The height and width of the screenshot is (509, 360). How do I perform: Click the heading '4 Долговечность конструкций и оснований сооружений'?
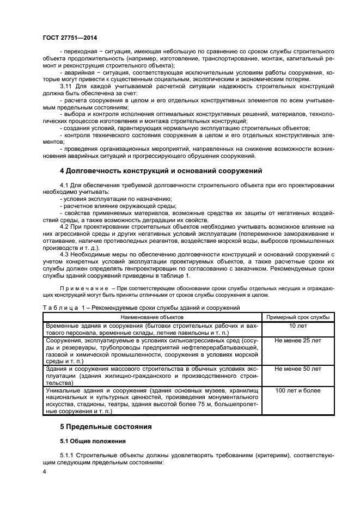[x=161, y=171]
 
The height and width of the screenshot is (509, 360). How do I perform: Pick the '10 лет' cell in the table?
[x=297, y=326]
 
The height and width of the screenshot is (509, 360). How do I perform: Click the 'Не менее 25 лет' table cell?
[x=297, y=340]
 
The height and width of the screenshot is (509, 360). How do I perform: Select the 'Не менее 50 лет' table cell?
[x=297, y=369]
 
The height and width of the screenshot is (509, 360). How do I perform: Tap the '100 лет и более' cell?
[x=297, y=390]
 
